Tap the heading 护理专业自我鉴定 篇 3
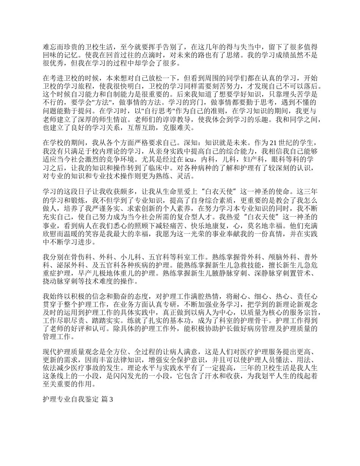tap(78, 399)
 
